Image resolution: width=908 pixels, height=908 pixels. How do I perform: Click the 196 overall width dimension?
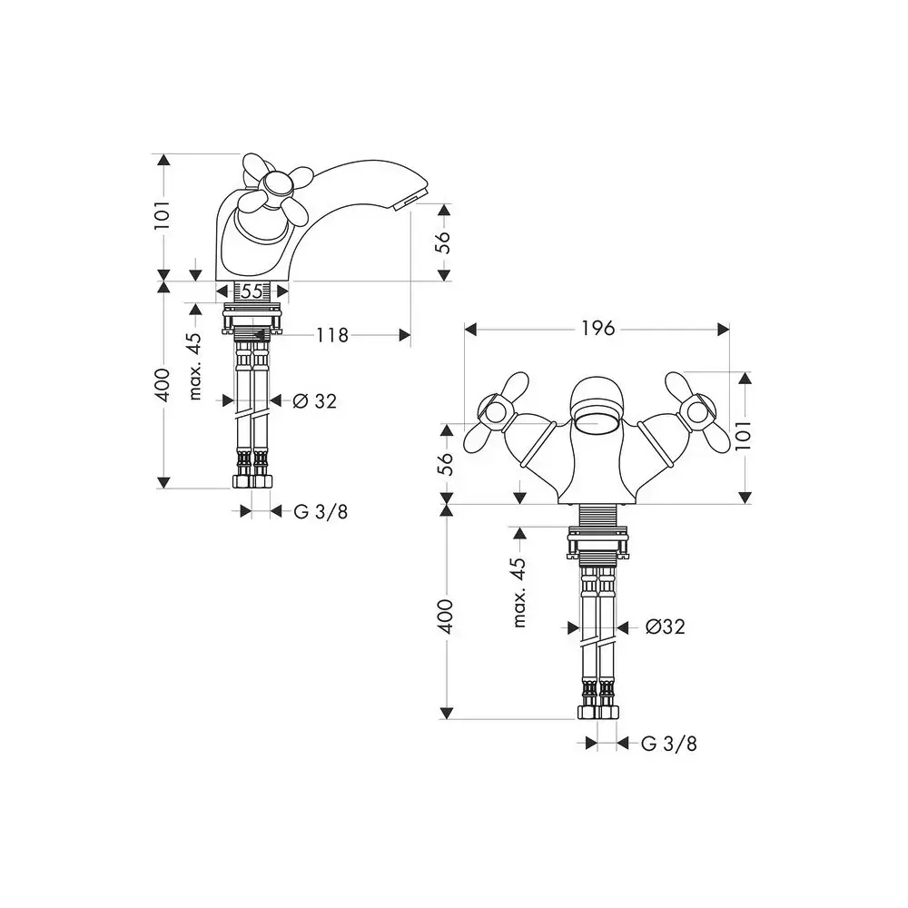(x=598, y=329)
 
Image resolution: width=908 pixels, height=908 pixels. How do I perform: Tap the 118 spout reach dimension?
(x=332, y=335)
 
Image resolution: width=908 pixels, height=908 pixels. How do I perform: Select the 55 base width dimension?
(x=252, y=291)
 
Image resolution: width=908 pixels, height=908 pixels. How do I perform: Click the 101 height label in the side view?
(x=163, y=215)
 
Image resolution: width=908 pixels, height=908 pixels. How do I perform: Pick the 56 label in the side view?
(x=443, y=242)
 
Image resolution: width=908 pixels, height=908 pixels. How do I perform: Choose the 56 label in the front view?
(x=445, y=463)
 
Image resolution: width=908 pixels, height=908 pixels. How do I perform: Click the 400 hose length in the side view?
(x=163, y=384)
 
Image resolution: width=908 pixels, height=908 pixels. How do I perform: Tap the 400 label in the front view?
(x=445, y=617)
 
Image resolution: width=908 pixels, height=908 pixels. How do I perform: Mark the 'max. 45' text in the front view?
(x=519, y=592)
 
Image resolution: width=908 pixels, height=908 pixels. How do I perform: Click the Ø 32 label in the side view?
(x=314, y=400)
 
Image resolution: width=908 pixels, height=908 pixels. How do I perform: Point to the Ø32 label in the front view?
(x=666, y=627)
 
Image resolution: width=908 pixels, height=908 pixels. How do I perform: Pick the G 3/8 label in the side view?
(x=321, y=511)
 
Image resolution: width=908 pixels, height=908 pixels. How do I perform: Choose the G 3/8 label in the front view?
(x=669, y=744)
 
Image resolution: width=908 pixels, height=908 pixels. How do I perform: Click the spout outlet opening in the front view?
(x=597, y=423)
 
